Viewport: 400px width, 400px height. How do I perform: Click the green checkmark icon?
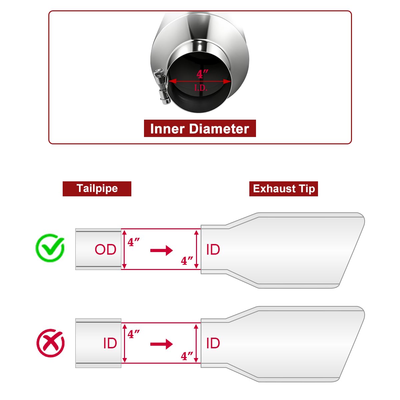(50, 248)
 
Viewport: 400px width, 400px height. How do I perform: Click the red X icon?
(50, 343)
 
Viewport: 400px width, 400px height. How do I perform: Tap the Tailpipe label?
(97, 189)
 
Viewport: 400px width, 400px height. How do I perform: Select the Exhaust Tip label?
(284, 189)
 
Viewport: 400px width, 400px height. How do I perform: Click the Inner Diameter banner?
(200, 128)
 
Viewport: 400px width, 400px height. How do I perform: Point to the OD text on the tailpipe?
(105, 249)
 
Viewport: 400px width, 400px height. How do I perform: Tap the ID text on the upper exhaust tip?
(213, 249)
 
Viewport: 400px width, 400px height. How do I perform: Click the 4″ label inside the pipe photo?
(202, 74)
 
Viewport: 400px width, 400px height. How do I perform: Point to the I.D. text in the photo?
(201, 88)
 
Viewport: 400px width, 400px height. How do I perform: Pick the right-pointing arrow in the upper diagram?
(161, 250)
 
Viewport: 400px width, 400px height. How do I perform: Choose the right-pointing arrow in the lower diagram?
(161, 344)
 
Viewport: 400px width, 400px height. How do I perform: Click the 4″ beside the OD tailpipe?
(133, 242)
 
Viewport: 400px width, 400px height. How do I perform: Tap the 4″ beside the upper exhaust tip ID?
(187, 261)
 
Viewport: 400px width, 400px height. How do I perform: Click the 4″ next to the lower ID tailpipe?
(133, 334)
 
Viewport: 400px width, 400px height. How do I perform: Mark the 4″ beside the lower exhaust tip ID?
(187, 356)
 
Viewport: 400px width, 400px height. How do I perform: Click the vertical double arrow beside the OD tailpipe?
(124, 249)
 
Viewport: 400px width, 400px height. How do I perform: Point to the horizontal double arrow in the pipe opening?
(200, 81)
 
